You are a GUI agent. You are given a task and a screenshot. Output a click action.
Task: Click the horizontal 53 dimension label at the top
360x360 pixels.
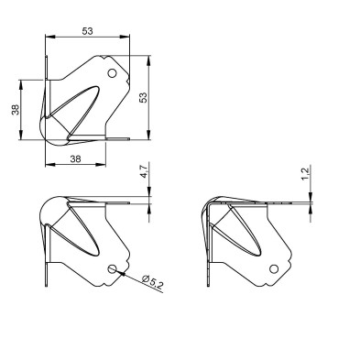[x=87, y=31]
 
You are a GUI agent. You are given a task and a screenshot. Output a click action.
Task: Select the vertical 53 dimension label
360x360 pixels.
[x=143, y=97]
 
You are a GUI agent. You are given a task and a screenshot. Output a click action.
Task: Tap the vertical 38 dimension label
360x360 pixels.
[x=16, y=110]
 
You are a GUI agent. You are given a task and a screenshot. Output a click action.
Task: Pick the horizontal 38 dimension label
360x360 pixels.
[x=76, y=158]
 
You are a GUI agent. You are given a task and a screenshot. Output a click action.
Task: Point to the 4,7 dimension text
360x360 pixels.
[x=144, y=170]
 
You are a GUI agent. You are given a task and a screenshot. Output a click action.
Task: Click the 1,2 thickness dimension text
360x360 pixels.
[x=306, y=172]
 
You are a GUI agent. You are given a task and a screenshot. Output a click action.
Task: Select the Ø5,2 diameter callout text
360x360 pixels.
[x=153, y=282]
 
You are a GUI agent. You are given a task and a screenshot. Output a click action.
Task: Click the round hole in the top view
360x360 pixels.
[x=113, y=73]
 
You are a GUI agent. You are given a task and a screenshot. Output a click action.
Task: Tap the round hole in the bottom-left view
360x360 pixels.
[x=113, y=268]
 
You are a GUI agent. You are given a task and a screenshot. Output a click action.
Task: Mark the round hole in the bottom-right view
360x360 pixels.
[x=274, y=268]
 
